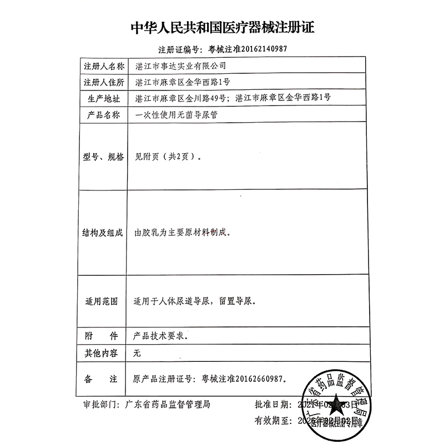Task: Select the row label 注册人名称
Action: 100,65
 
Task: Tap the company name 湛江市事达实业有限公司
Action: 181,65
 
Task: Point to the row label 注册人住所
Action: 100,82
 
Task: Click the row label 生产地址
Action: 100,99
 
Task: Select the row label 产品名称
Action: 100,115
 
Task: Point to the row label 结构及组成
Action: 100,234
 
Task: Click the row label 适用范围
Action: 100,303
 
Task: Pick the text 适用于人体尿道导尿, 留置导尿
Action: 195,303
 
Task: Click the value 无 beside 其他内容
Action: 138,353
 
